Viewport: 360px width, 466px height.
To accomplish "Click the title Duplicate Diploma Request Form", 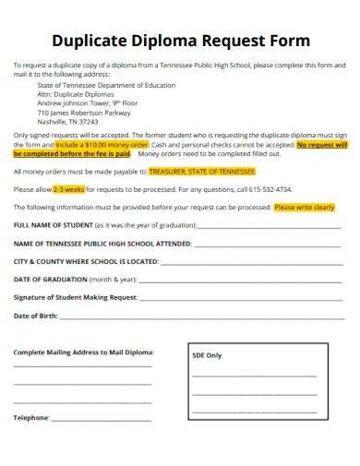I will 180,41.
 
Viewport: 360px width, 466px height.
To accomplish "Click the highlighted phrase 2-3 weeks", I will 69,189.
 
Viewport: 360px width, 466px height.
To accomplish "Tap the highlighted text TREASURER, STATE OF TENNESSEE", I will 202,172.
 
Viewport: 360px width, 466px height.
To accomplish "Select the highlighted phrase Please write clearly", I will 304,208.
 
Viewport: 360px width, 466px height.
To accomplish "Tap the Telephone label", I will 30,417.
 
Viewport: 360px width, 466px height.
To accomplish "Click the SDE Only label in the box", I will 207,354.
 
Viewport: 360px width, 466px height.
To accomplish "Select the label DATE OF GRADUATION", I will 50,279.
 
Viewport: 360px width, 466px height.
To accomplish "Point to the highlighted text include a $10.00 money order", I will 102,145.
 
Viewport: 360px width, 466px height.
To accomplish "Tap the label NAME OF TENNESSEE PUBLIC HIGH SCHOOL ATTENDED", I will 102,244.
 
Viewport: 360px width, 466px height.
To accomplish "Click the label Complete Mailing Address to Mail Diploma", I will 83,352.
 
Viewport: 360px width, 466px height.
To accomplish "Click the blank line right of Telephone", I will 102,418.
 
